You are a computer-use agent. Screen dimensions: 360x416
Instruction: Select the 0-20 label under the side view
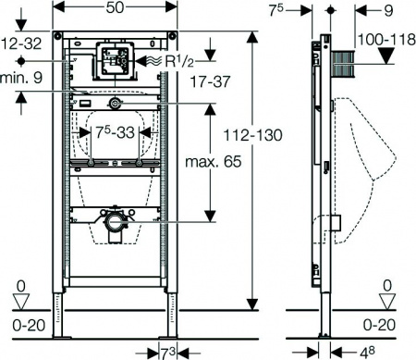point(382,323)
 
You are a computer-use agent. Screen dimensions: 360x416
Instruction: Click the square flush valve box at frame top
point(116,59)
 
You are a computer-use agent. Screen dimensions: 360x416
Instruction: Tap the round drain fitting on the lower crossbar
point(116,222)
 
